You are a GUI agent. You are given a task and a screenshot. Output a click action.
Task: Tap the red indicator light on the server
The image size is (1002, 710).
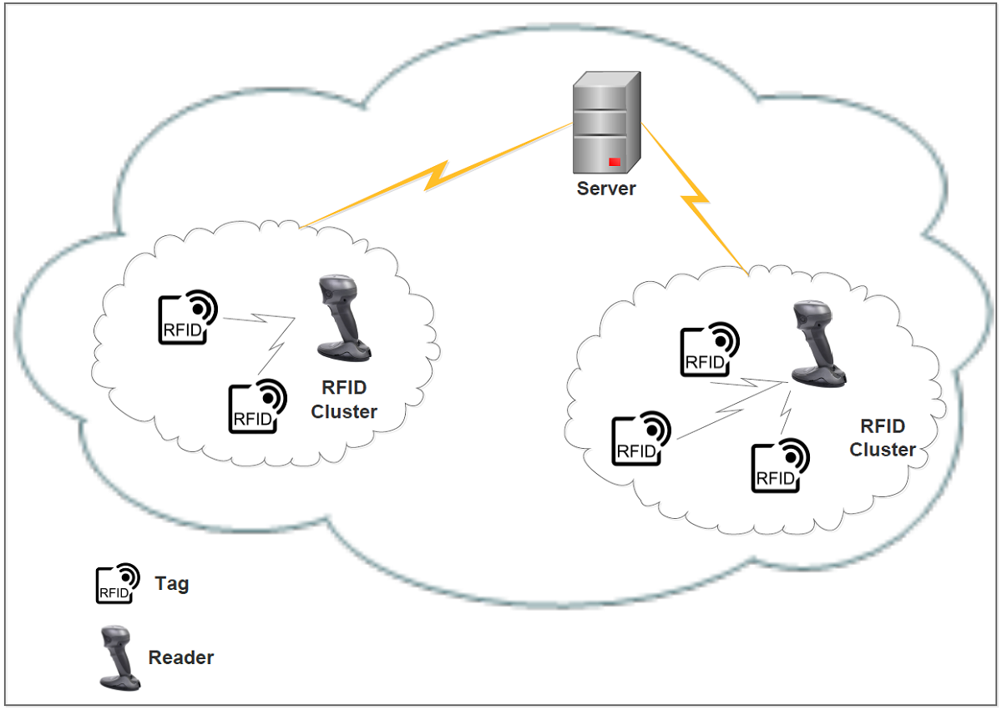(x=615, y=161)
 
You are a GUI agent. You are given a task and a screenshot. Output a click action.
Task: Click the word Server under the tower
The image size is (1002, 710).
(x=606, y=189)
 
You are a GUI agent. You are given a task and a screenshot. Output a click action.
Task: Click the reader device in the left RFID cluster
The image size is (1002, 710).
(x=342, y=321)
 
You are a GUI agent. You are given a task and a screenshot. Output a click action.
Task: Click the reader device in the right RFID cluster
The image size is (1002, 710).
(x=817, y=346)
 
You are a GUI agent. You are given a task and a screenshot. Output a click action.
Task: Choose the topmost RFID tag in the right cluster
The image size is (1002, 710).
(x=709, y=350)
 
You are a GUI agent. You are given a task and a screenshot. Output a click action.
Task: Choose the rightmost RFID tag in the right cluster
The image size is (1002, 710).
(x=780, y=466)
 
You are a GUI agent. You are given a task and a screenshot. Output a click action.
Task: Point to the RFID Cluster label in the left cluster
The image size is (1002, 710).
(x=344, y=400)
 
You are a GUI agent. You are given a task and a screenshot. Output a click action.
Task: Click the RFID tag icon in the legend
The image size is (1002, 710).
(x=117, y=582)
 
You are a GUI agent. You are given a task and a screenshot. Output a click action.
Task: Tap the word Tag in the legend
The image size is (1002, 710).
(x=172, y=583)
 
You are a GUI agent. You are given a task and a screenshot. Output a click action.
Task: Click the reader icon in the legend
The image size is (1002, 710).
(x=118, y=657)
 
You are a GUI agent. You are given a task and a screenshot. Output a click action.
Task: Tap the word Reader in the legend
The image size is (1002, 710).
(x=181, y=657)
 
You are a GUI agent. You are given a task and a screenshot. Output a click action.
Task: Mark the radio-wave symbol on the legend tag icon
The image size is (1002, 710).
(x=128, y=574)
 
